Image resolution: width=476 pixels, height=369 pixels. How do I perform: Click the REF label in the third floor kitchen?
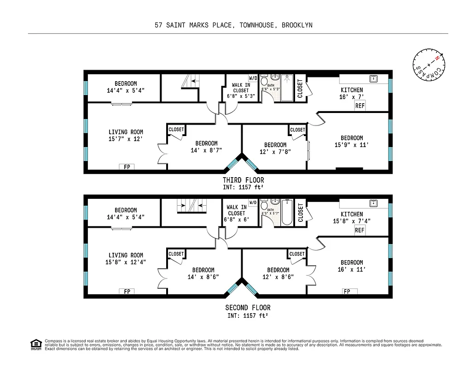coord(360,106)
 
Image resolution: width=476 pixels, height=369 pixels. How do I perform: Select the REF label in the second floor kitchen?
coord(360,230)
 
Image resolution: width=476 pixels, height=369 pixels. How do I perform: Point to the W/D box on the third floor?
coord(253,77)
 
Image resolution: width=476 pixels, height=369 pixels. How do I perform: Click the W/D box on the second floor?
coord(253,202)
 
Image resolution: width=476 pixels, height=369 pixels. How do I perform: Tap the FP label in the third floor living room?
coord(127,167)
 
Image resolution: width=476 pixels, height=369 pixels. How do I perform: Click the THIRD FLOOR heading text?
coord(243,180)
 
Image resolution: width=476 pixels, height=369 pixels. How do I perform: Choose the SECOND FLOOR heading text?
coord(248,308)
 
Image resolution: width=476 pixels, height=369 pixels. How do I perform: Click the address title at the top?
coord(233,25)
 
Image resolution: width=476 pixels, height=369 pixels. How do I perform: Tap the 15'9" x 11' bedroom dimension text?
coord(352,145)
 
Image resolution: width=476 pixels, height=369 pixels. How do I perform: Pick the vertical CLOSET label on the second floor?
coord(300,213)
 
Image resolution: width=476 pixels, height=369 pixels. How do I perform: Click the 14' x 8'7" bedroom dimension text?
coord(206,150)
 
